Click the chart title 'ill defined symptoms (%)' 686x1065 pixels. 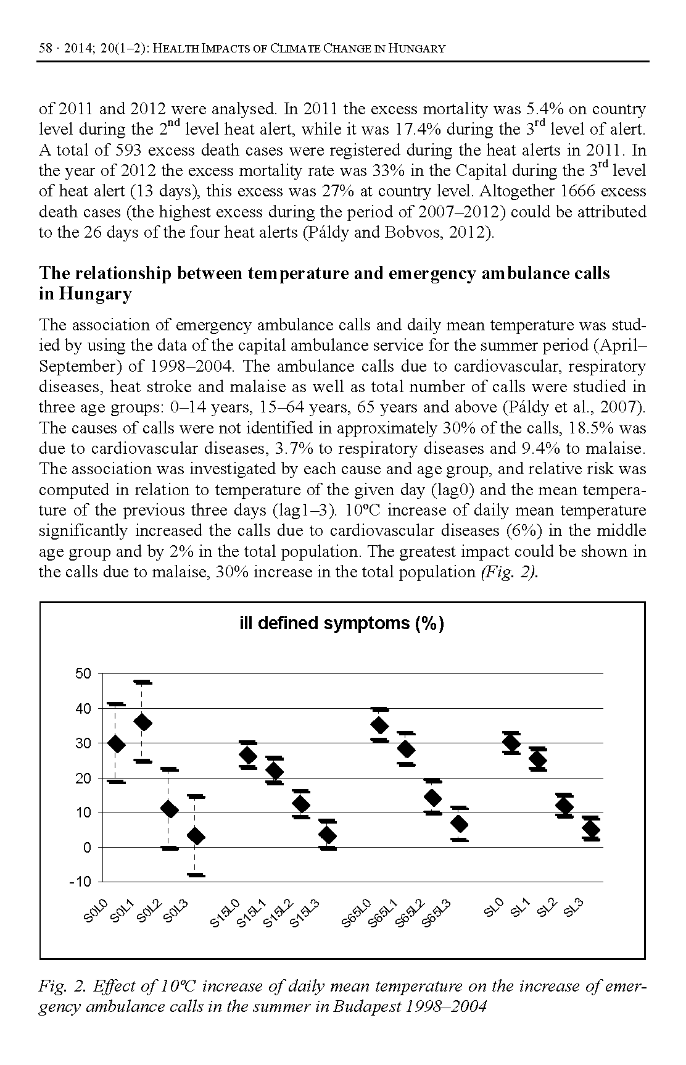point(341,624)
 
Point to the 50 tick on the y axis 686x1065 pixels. point(83,674)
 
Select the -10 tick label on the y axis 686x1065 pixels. point(81,881)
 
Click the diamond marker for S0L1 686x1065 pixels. point(143,722)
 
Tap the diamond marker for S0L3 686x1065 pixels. point(196,837)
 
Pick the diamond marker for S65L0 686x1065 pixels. point(380,725)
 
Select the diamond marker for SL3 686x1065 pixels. point(591,829)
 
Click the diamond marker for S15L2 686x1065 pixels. point(301,804)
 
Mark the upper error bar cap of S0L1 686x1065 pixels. point(143,682)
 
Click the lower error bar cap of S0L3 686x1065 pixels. point(196,875)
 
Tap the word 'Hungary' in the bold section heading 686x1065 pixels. point(96,294)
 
